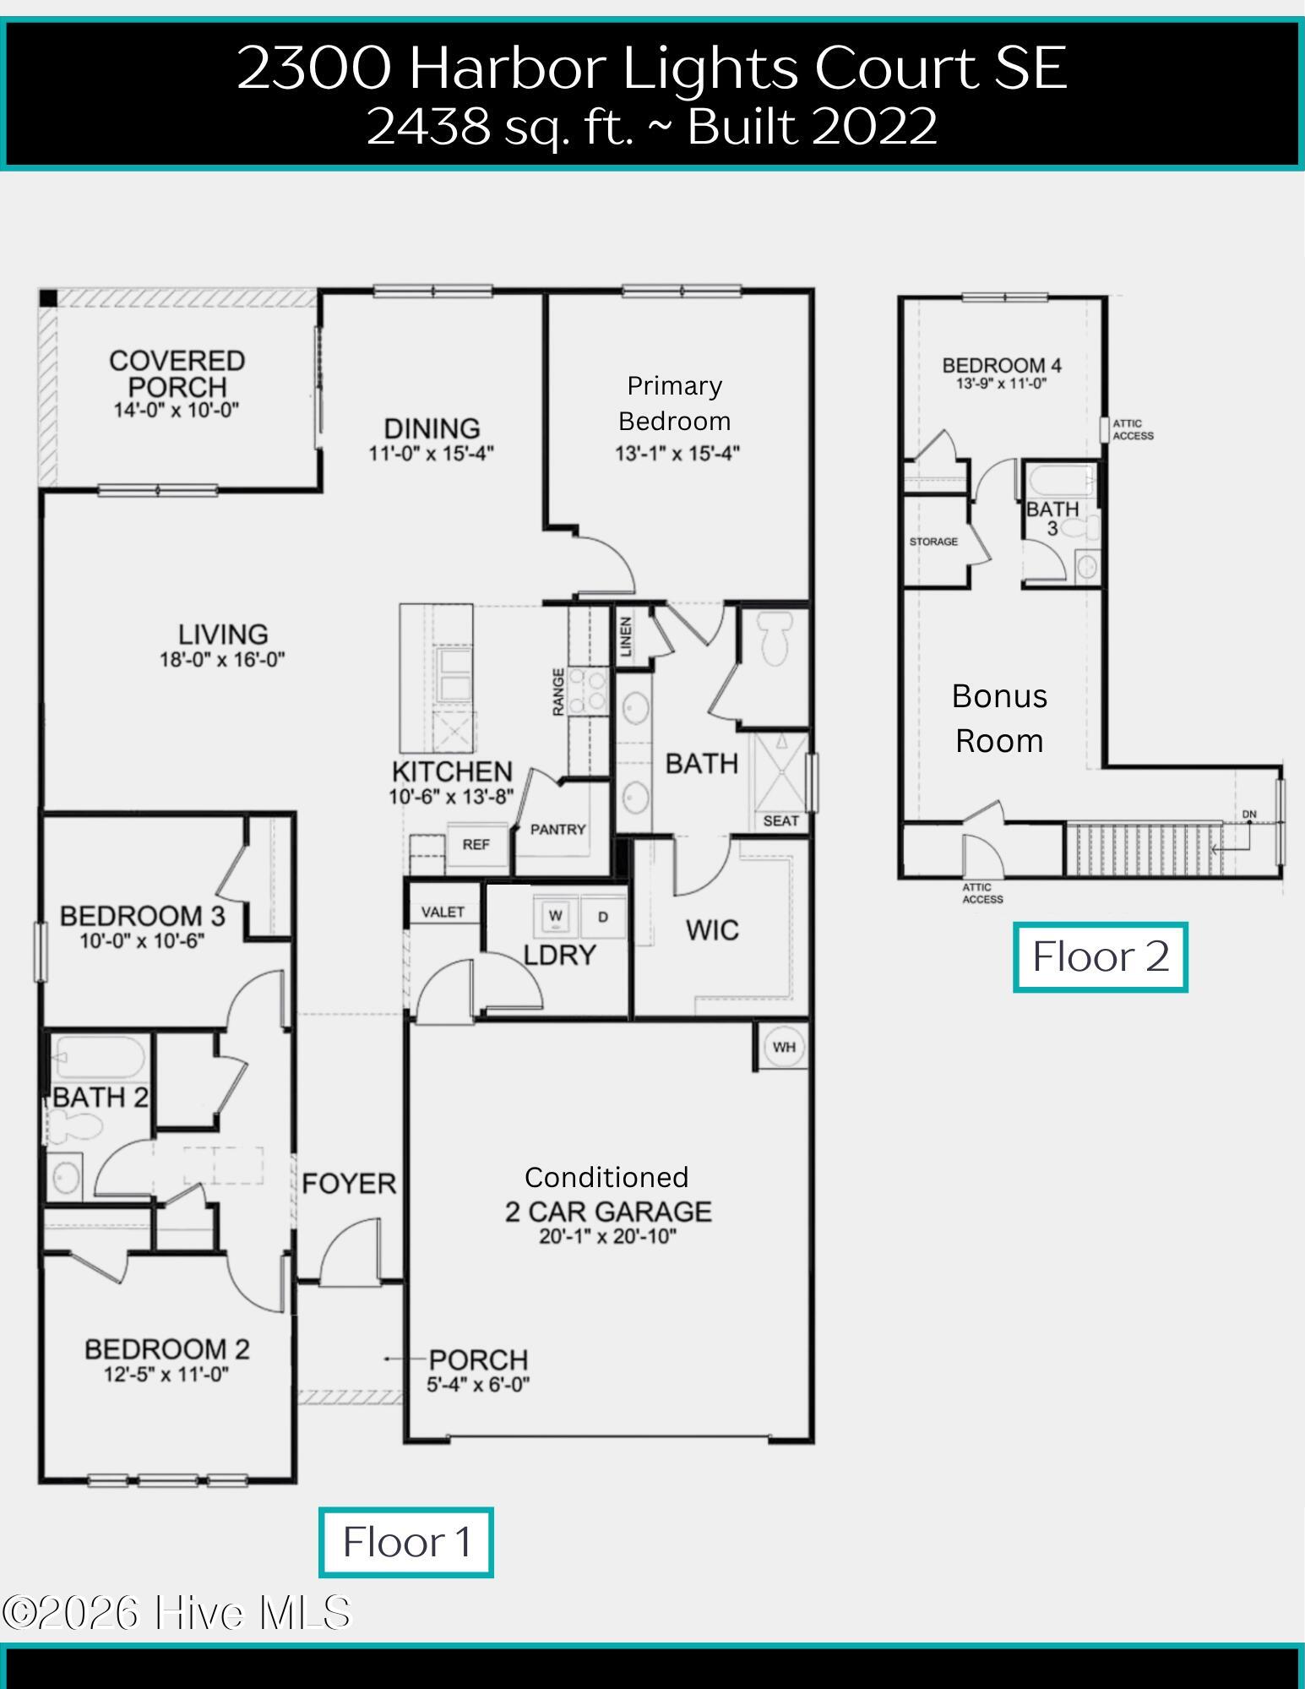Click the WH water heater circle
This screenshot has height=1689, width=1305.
[784, 1048]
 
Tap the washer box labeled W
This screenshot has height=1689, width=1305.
[555, 916]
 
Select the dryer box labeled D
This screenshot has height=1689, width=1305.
[603, 916]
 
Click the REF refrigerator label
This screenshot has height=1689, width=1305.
[476, 844]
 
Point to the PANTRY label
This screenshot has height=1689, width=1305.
[557, 830]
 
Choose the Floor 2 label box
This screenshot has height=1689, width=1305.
[1101, 957]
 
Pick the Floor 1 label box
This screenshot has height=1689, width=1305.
[406, 1543]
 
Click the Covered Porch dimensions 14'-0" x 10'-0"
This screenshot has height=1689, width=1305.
[177, 411]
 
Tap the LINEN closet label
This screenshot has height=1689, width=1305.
[626, 636]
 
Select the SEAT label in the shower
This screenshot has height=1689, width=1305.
[780, 820]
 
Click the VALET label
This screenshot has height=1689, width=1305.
[443, 912]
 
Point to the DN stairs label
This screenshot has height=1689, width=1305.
[1249, 815]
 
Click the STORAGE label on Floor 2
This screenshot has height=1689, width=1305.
[933, 542]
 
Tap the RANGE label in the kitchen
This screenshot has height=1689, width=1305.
[558, 692]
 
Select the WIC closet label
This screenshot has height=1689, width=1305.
[712, 930]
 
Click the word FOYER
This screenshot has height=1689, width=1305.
[349, 1184]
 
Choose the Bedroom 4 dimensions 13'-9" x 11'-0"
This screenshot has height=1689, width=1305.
[1002, 384]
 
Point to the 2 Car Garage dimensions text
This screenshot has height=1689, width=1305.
[608, 1237]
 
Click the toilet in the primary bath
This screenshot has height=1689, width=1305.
[775, 640]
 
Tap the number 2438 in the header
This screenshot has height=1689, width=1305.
[429, 127]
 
